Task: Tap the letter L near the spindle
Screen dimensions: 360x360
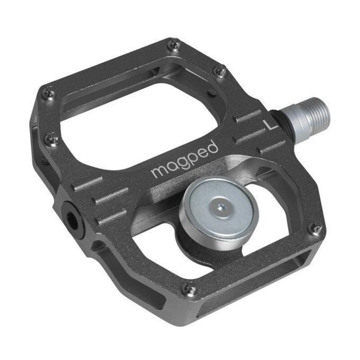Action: tap(270, 125)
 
